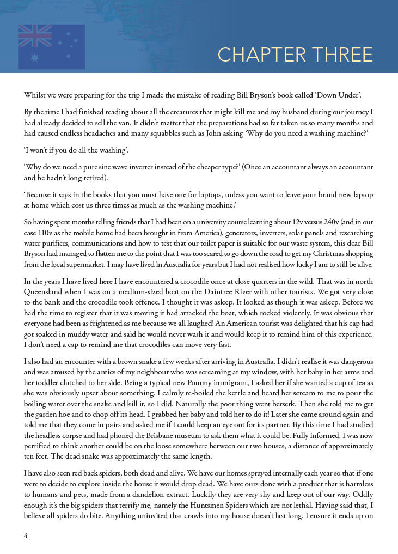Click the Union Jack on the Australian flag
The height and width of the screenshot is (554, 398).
point(35,36)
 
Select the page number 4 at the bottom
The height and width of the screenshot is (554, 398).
point(26,535)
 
